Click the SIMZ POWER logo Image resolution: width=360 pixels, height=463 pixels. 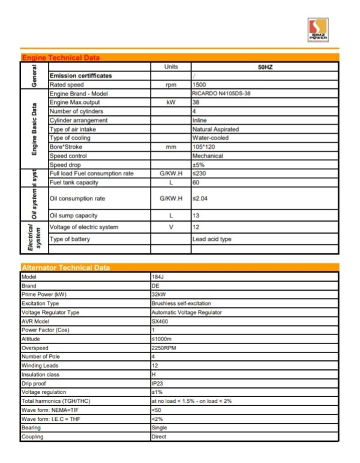317,30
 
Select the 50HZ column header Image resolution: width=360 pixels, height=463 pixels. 265,67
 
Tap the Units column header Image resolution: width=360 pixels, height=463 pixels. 171,67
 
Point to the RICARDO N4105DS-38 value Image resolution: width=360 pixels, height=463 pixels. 221,94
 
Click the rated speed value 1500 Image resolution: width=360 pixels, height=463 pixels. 199,85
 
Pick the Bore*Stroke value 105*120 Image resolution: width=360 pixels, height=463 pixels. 203,147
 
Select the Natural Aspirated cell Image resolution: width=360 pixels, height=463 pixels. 215,129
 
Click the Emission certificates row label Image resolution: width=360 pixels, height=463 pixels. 80,76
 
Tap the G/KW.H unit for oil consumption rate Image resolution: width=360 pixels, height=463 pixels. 171,198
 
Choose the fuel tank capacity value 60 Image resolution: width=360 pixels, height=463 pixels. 196,182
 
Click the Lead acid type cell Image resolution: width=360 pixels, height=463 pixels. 211,239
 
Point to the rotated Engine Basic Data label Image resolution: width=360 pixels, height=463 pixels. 34,130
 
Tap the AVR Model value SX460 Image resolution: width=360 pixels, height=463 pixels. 160,321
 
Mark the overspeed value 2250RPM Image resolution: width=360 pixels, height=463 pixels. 164,348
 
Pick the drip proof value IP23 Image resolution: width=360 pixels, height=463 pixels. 158,383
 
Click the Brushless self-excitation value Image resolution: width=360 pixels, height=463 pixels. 181,303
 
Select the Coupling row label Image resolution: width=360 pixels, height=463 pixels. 32,437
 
